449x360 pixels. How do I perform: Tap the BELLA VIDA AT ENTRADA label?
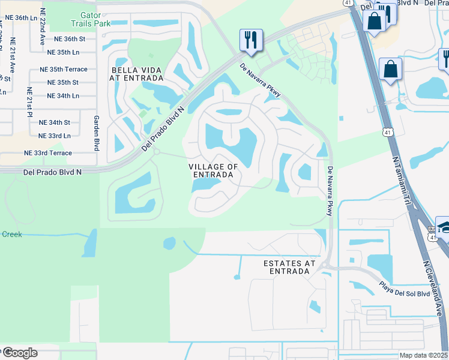pyautogui.click(x=137, y=74)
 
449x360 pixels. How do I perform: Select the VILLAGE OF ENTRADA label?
pyautogui.click(x=213, y=170)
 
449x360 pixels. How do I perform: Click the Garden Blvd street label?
pyautogui.click(x=96, y=133)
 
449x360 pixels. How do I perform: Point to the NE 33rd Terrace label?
pyautogui.click(x=47, y=153)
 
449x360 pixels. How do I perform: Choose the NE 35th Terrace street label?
pyautogui.click(x=63, y=70)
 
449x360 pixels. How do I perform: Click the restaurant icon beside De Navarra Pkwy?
pyautogui.click(x=250, y=40)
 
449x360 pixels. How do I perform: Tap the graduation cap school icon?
pyautogui.click(x=443, y=226)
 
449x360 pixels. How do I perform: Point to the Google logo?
pyautogui.click(x=20, y=352)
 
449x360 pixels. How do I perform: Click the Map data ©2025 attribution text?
pyautogui.click(x=424, y=355)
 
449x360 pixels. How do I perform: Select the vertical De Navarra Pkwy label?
pyautogui.click(x=330, y=191)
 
